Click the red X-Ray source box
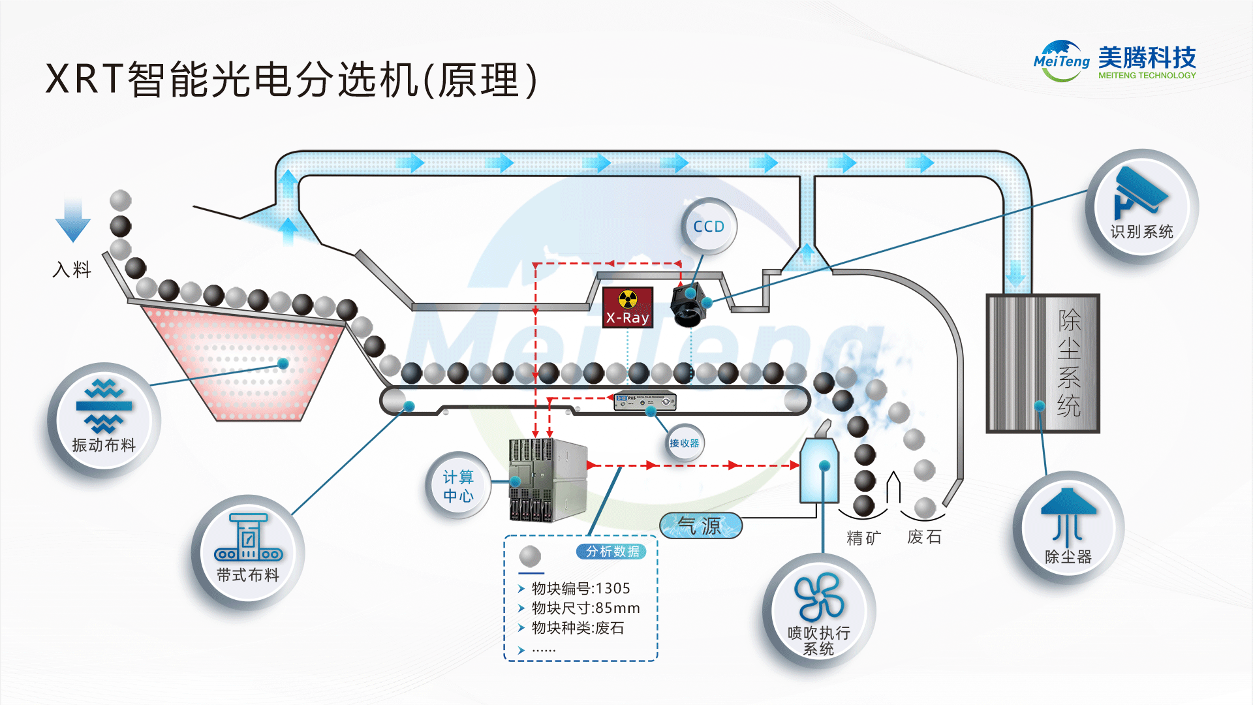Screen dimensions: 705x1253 click(x=627, y=307)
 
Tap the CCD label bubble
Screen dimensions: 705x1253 click(x=709, y=227)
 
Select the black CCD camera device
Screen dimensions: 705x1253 click(x=688, y=305)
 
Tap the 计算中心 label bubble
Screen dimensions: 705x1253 click(x=458, y=486)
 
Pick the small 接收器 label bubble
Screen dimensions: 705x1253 click(x=684, y=443)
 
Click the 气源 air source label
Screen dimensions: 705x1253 click(x=700, y=525)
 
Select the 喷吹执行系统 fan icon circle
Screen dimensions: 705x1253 click(x=819, y=611)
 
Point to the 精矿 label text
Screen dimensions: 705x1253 click(x=863, y=538)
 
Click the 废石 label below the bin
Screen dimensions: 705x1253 click(x=924, y=537)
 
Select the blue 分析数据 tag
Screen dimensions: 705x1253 click(x=611, y=552)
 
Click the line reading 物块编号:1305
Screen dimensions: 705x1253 click(x=580, y=588)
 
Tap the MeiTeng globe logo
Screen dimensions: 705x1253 click(x=1061, y=61)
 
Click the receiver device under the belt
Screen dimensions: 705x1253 click(x=644, y=400)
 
